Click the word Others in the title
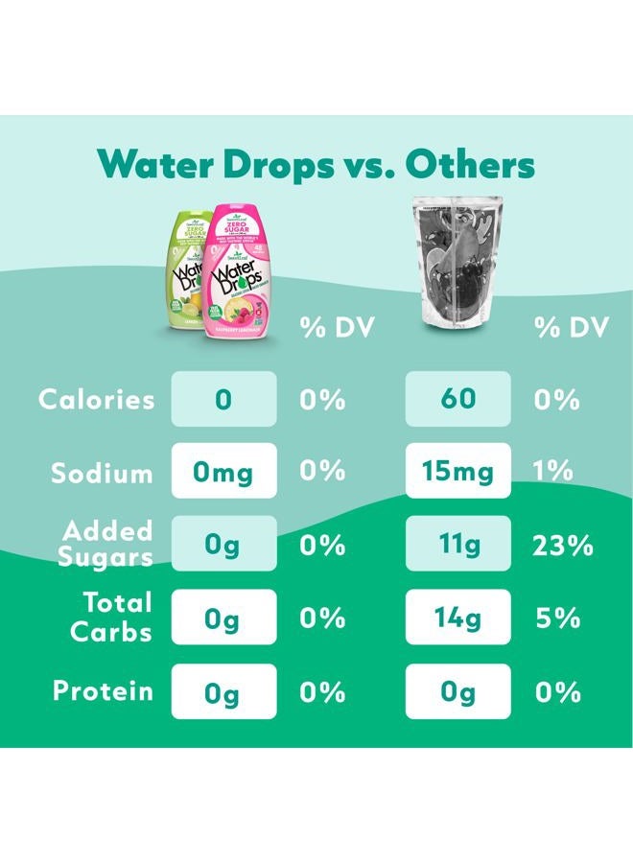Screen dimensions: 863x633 (469, 164)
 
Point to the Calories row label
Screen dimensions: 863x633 (96, 400)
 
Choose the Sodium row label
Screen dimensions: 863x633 (103, 473)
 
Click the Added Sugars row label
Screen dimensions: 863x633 (107, 544)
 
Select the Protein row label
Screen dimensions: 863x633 (103, 691)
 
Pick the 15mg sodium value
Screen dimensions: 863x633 (458, 471)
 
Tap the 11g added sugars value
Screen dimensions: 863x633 (458, 545)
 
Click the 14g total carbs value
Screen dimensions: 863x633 (458, 618)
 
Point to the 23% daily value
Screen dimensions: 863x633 (562, 546)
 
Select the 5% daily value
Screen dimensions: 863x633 (557, 618)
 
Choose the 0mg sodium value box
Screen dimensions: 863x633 (223, 471)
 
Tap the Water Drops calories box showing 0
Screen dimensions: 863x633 (223, 399)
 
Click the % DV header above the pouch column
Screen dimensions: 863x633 (571, 328)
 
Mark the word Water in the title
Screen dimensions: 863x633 (155, 164)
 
